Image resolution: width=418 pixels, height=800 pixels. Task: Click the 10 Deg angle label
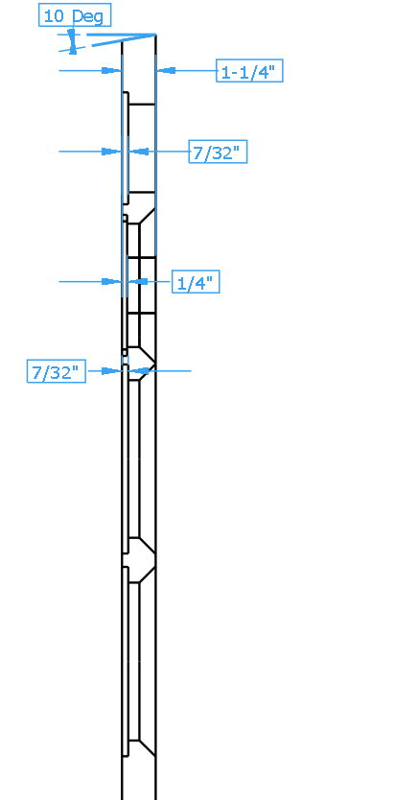point(75,15)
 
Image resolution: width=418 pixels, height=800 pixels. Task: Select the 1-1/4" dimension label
point(249,71)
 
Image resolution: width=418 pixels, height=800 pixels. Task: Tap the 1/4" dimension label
point(196,282)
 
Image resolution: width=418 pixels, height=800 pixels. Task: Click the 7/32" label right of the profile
point(218,152)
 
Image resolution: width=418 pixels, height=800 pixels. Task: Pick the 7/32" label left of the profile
point(56,371)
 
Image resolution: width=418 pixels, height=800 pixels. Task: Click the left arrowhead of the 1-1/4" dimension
point(111,70)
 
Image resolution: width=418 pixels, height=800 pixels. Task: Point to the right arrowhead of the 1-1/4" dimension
point(166,70)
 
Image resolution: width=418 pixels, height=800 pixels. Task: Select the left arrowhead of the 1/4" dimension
point(111,282)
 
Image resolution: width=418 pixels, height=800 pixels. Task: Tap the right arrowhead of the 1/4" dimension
point(138,282)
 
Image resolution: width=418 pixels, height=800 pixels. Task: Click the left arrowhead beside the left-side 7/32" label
point(111,371)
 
